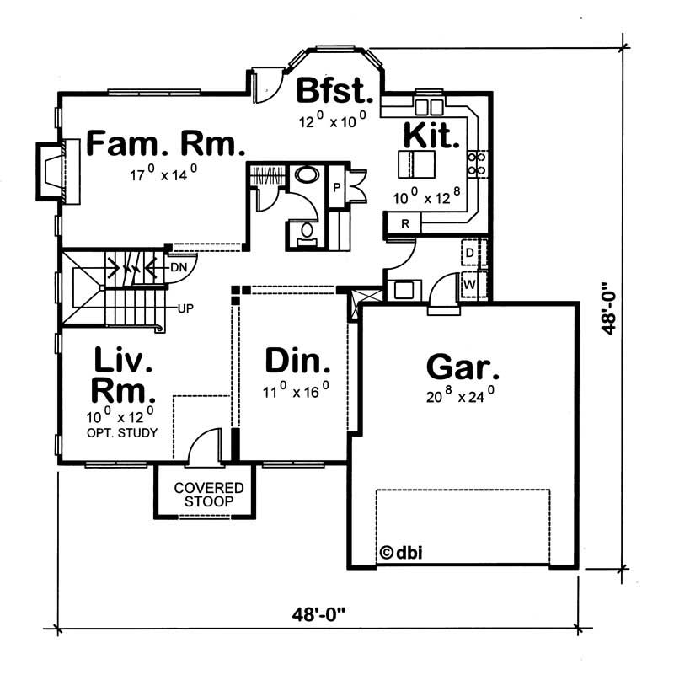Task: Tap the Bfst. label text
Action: point(334,89)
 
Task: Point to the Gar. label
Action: point(463,367)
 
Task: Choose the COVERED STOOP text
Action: point(209,495)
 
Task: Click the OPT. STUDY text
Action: point(123,432)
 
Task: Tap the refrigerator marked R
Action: point(405,223)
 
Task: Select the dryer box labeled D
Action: point(470,252)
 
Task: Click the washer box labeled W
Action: point(470,285)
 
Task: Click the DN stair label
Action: point(178,267)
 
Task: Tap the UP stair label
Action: point(185,308)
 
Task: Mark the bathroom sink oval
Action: point(306,177)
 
